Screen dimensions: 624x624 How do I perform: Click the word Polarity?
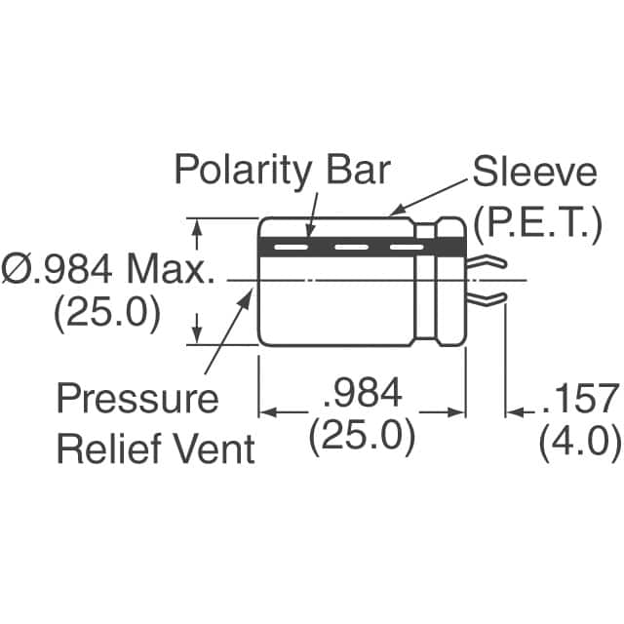click(242, 172)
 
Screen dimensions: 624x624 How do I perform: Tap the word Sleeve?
click(534, 172)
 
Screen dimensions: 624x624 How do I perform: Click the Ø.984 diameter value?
click(57, 269)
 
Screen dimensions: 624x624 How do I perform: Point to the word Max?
click(171, 269)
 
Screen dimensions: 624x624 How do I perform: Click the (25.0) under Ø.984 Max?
click(107, 315)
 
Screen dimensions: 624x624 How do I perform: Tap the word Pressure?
click(137, 397)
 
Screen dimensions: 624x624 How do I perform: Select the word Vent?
click(214, 448)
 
